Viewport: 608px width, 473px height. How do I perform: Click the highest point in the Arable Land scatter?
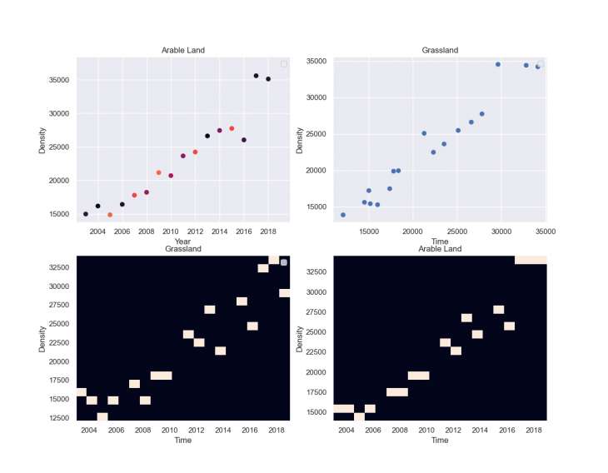[256, 76]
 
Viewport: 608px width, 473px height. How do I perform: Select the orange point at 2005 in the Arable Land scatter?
[110, 215]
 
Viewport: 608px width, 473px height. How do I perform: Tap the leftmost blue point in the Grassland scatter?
[343, 215]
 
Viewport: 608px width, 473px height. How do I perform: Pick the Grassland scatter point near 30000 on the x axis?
[498, 64]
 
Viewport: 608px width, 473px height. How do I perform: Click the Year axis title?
[182, 241]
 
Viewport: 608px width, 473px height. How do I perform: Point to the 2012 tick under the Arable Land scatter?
[195, 232]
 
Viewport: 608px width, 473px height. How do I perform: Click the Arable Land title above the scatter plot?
[182, 50]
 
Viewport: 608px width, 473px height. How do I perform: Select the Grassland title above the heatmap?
[182, 249]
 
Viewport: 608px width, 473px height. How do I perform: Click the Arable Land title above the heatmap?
[439, 249]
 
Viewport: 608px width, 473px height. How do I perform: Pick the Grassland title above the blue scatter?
[439, 50]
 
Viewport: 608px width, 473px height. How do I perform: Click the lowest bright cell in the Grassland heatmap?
[102, 416]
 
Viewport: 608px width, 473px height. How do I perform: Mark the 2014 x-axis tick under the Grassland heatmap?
[221, 430]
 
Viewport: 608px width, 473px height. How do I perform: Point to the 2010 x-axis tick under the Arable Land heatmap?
[426, 430]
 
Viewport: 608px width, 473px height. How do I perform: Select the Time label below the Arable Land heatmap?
[439, 440]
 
